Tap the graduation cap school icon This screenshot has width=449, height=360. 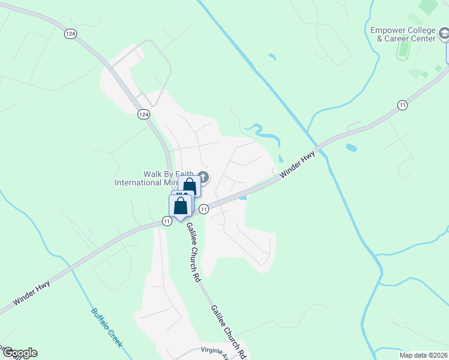444,35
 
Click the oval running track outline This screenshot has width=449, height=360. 402,49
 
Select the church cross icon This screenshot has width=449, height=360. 203,176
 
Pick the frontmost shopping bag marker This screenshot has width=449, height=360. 180,206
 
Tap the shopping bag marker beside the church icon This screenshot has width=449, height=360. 190,187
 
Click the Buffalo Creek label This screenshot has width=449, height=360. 106,328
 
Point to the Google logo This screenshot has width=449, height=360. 19,353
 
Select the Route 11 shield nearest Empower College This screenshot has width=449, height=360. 402,105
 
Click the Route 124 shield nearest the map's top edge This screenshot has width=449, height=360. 71,34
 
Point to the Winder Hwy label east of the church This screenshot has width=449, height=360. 297,164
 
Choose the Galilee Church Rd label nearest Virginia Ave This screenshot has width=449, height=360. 228,332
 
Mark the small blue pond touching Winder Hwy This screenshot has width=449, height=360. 243,197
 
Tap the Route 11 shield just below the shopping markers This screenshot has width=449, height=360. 204,209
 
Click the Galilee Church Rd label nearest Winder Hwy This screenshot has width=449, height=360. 192,253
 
